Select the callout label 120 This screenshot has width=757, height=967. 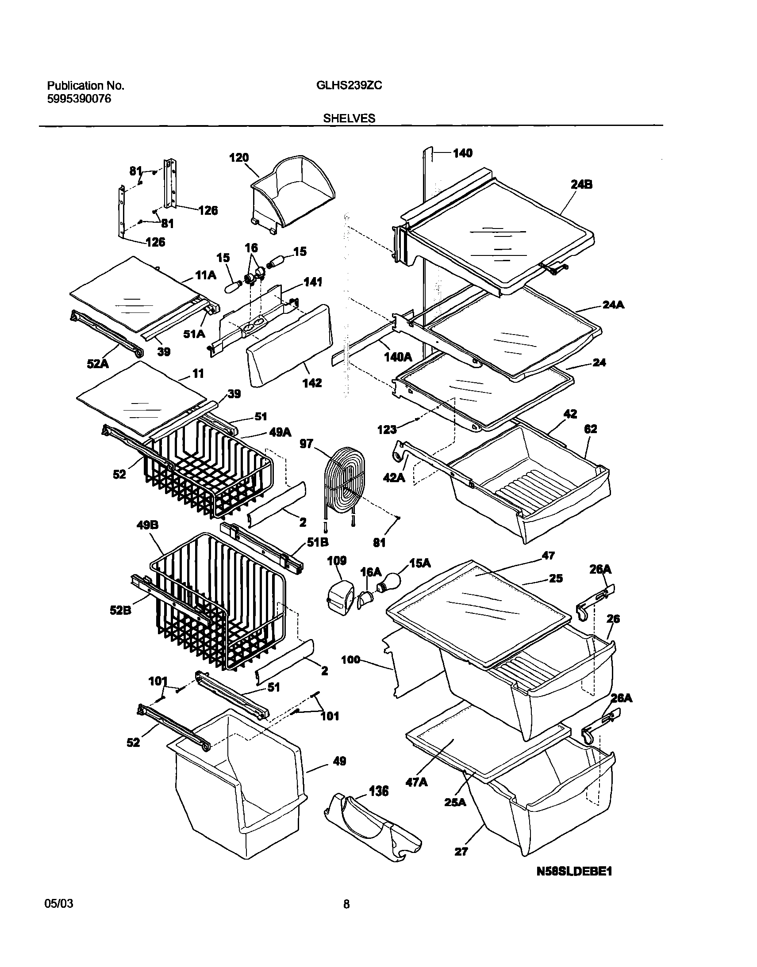coord(239,158)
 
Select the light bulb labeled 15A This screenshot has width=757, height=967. coord(389,581)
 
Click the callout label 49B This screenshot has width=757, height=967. coord(147,525)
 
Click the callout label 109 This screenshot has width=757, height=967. coord(337,561)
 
